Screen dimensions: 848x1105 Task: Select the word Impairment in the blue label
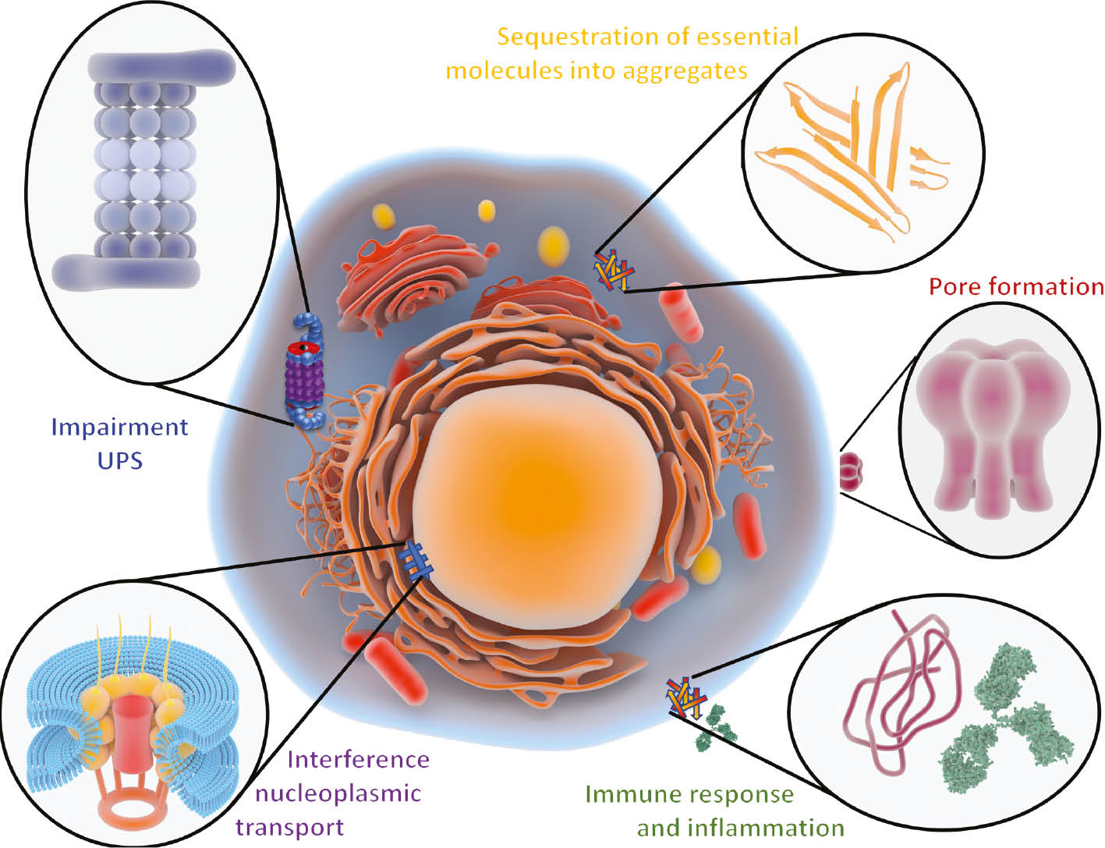click(x=119, y=428)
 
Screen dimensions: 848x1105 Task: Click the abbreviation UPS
click(x=119, y=460)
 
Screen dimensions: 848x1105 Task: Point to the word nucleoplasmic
click(x=338, y=794)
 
